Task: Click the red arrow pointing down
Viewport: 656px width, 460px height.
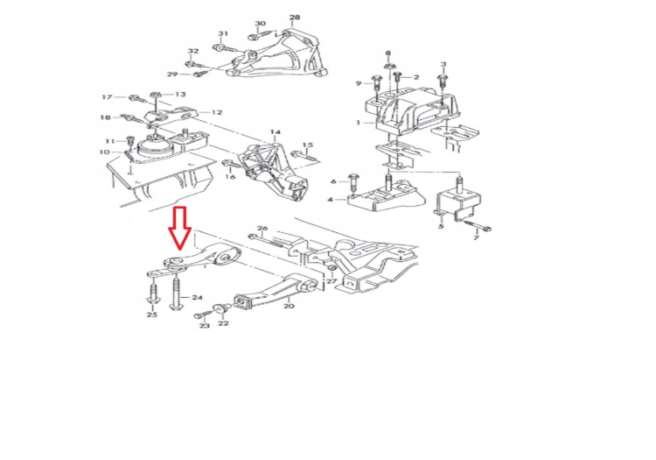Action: click(180, 228)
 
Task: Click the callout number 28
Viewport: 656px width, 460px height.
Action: click(295, 18)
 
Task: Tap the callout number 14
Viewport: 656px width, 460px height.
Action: click(276, 132)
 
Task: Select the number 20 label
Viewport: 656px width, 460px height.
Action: click(289, 306)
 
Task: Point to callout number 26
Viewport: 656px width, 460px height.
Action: click(262, 229)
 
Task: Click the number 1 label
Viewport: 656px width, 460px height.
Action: click(358, 123)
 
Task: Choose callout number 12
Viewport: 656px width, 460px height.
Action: click(217, 112)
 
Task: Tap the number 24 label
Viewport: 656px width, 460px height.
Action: click(197, 297)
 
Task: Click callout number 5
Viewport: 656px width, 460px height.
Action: click(441, 227)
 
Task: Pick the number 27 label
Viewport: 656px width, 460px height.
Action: click(331, 281)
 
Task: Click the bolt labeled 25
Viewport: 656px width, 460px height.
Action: click(152, 293)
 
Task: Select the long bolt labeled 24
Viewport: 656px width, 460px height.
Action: click(175, 294)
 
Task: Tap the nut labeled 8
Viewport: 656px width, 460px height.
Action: click(388, 66)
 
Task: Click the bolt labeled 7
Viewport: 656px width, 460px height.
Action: click(478, 226)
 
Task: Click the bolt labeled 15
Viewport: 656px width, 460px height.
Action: click(304, 157)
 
